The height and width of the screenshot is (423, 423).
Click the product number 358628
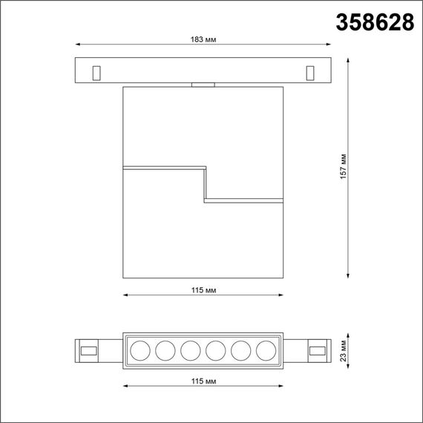tap(375, 23)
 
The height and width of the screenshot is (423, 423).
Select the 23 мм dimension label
tap(344, 350)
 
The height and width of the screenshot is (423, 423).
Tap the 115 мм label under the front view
tap(202, 289)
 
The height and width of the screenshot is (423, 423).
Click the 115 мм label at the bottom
tap(202, 381)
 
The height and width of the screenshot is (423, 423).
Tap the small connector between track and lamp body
tap(202, 85)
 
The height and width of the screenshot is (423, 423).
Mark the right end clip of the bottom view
tap(318, 350)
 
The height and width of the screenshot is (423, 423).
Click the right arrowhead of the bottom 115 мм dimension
tap(280, 387)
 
